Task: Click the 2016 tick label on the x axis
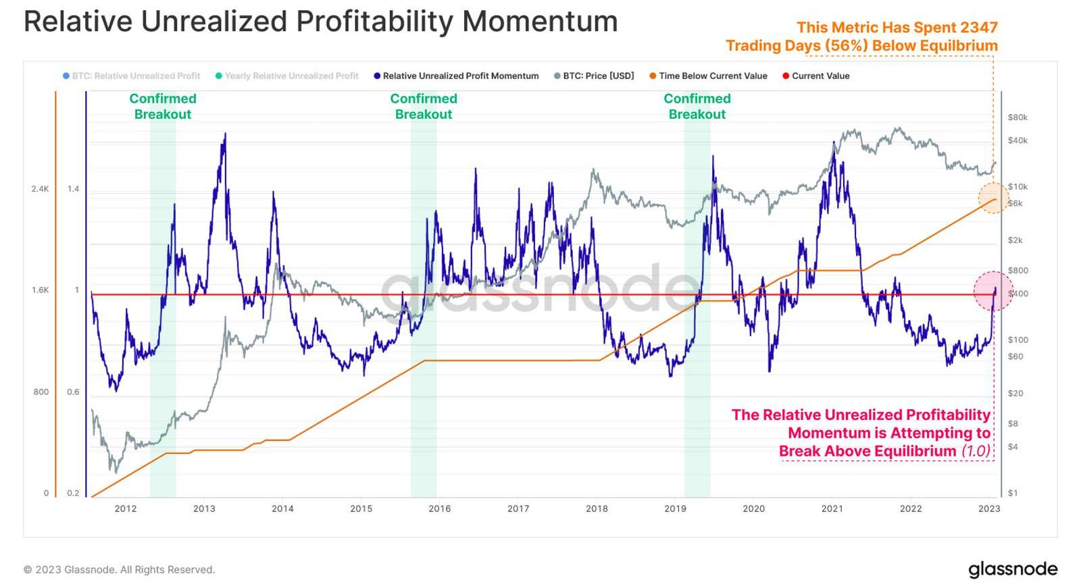tap(439, 508)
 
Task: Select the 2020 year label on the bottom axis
tap(753, 508)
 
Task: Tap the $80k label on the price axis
tap(1017, 117)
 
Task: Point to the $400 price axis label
tap(1018, 294)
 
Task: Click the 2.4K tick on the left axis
tap(40, 189)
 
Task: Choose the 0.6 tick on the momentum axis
tap(73, 392)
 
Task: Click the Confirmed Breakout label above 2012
tap(163, 107)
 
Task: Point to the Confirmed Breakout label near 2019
tap(697, 107)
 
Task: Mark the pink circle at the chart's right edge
tap(992, 292)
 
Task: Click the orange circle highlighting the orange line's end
tap(994, 199)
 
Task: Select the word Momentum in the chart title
tap(540, 22)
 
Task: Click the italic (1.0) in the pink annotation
tap(975, 451)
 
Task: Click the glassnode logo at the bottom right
tap(1012, 569)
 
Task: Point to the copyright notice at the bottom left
tap(119, 570)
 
